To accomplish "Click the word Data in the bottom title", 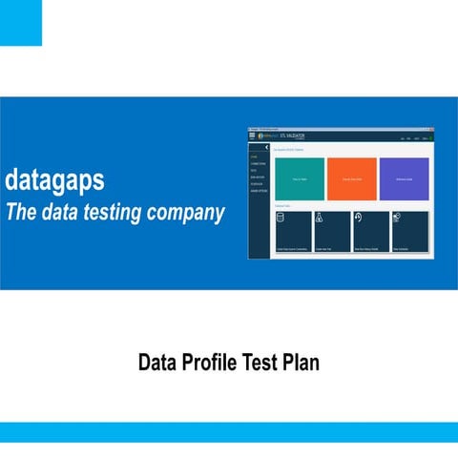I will (x=157, y=363).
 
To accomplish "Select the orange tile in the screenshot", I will (x=351, y=177).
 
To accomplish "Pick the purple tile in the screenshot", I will (x=404, y=177).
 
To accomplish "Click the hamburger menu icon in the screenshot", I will (x=253, y=136).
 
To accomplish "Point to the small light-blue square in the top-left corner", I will (x=20, y=22).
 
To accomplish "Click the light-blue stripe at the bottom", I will (x=229, y=432).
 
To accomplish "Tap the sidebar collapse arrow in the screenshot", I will (x=267, y=147).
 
